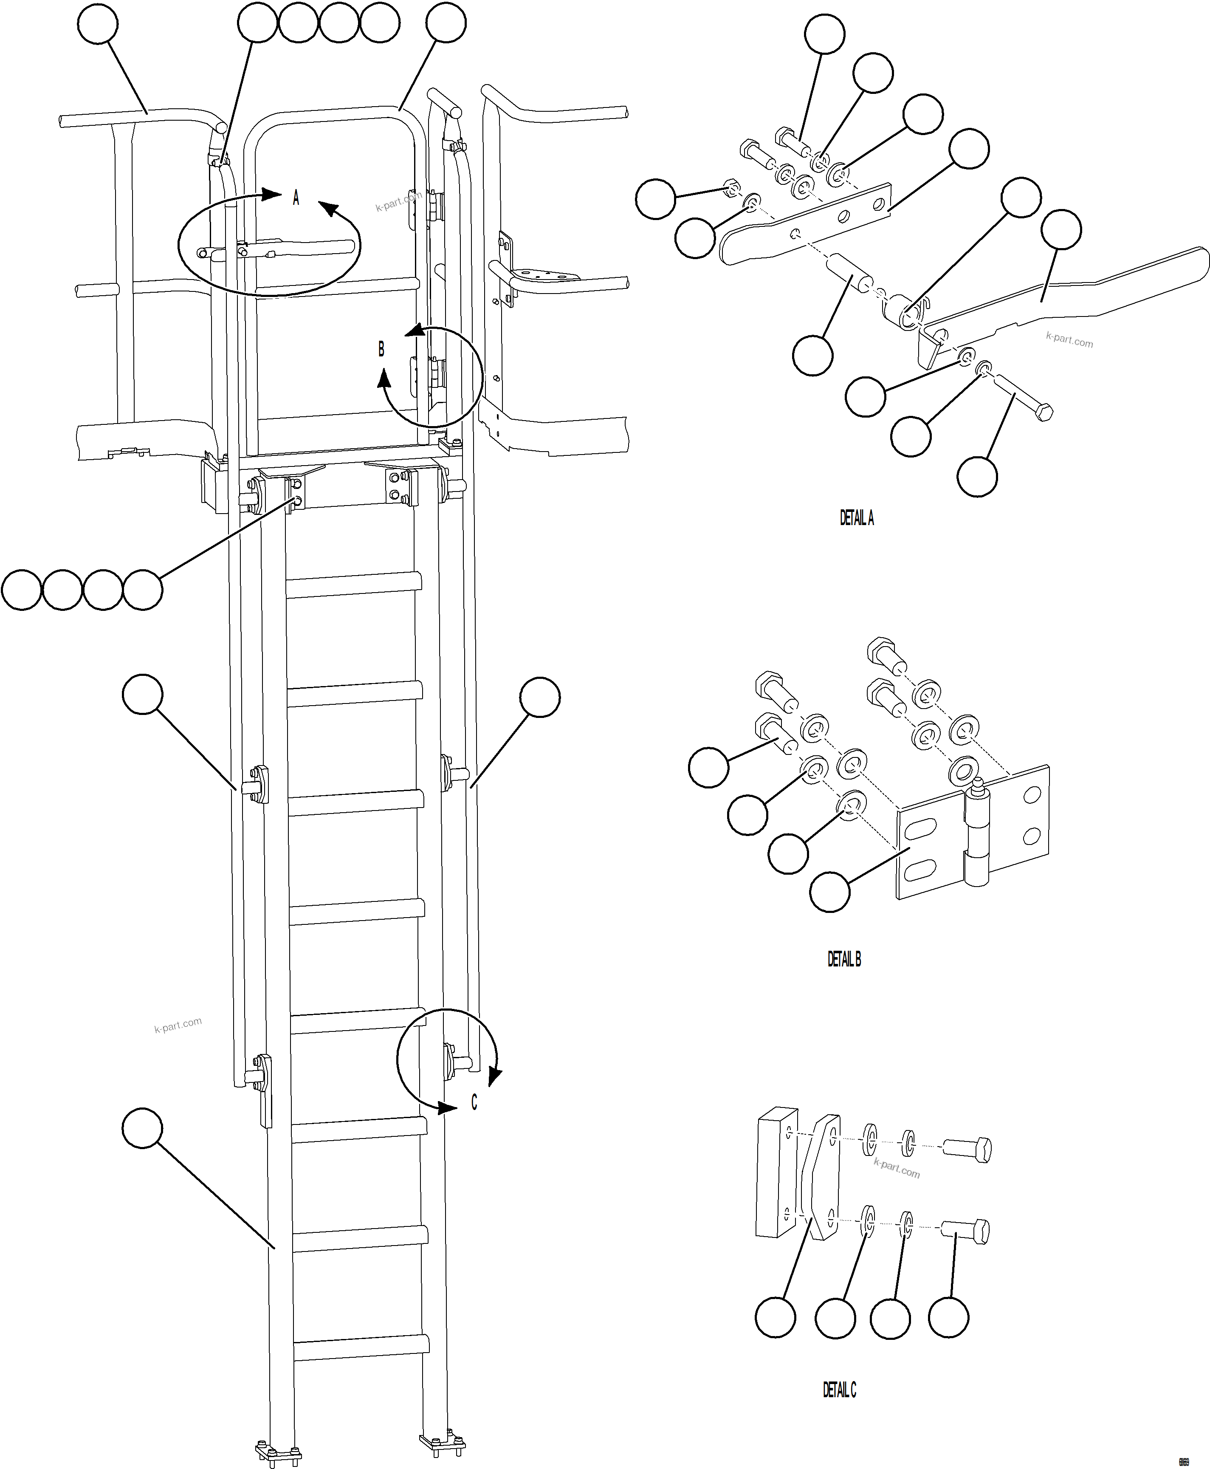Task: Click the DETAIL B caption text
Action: point(843,959)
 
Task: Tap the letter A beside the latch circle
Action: point(296,198)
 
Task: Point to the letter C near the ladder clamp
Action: point(474,1102)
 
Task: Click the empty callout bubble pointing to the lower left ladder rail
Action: point(142,1128)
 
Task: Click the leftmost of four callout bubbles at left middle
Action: point(22,590)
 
